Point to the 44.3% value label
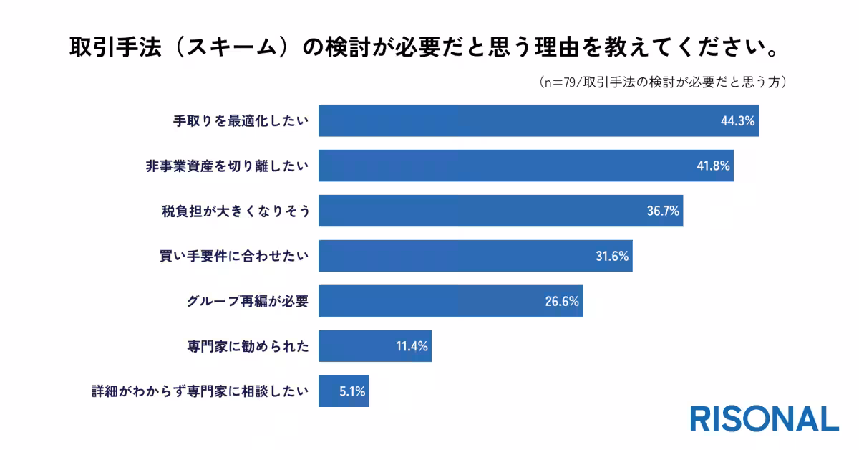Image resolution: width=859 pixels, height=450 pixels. pyautogui.click(x=737, y=121)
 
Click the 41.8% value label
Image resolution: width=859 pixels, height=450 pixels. pyautogui.click(x=712, y=166)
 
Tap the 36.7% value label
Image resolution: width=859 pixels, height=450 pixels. pyautogui.click(x=662, y=211)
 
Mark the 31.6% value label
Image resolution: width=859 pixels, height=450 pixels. pyautogui.click(x=611, y=257)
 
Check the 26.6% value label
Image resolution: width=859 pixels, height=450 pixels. pyautogui.click(x=561, y=302)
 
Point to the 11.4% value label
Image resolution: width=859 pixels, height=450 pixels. pyautogui.click(x=411, y=347)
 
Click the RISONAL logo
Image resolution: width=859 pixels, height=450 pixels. pyautogui.click(x=764, y=418)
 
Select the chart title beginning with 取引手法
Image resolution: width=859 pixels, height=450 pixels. pyautogui.click(x=422, y=49)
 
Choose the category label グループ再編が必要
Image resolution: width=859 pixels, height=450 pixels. pyautogui.click(x=246, y=302)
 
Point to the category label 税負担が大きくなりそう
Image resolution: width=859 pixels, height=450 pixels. pyautogui.click(x=236, y=211)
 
